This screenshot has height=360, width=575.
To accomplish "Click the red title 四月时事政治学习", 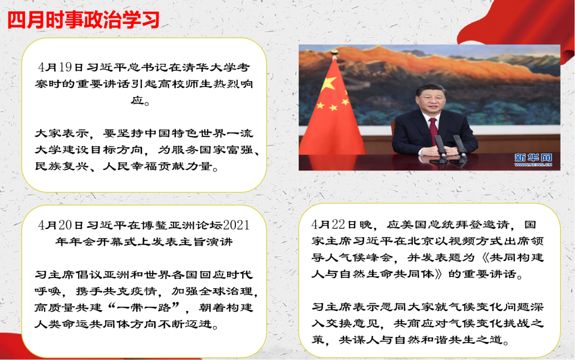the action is pos(84,20).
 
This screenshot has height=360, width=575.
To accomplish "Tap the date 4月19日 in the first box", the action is pos(61,67).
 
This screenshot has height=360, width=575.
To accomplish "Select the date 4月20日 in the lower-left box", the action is pos(61,225).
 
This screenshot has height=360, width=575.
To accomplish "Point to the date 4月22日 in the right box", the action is pos(333,224).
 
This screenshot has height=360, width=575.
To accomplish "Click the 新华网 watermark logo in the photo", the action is pos(533,160).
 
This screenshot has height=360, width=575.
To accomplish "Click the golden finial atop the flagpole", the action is pos(334,53).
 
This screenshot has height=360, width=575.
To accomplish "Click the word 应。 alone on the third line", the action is pos(140,100).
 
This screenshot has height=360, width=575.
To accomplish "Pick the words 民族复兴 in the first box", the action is pos(62,166).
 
